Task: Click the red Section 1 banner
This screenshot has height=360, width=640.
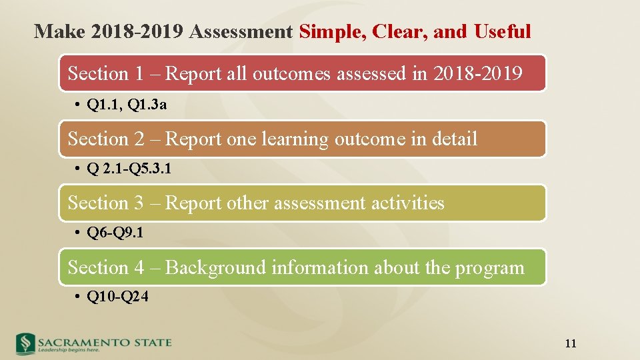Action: (303, 73)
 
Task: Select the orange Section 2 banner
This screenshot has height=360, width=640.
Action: (303, 139)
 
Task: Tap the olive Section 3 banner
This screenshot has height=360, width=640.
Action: (303, 203)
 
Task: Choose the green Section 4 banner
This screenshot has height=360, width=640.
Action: (303, 267)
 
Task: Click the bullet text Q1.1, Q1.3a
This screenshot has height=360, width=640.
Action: (127, 105)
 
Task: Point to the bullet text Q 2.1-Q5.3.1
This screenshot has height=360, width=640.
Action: (129, 169)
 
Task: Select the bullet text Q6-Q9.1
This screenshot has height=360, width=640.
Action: (115, 233)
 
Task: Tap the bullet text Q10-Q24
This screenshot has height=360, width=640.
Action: (117, 297)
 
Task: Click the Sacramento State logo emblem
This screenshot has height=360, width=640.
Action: (25, 343)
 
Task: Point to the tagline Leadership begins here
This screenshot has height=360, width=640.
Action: (69, 349)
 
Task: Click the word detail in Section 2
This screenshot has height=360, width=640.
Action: (453, 139)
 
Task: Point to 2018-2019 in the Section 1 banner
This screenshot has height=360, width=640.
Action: (477, 73)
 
